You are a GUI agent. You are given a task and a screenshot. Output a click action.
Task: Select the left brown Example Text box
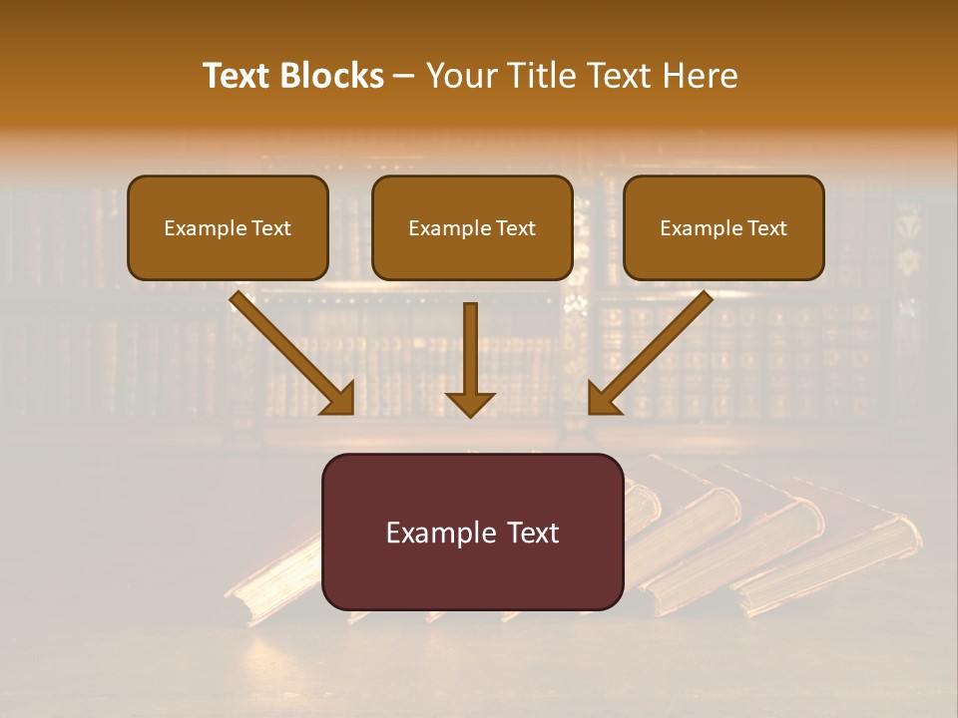coord(228,227)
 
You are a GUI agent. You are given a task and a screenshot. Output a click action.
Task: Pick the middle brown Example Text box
coord(472,227)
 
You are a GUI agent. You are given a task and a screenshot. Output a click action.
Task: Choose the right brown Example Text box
coord(723,227)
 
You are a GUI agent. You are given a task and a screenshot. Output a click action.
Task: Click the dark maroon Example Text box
coord(472,532)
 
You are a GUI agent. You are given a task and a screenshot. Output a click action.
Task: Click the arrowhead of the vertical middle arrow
coord(470,403)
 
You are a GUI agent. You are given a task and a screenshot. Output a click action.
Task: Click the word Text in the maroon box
coord(536,533)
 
